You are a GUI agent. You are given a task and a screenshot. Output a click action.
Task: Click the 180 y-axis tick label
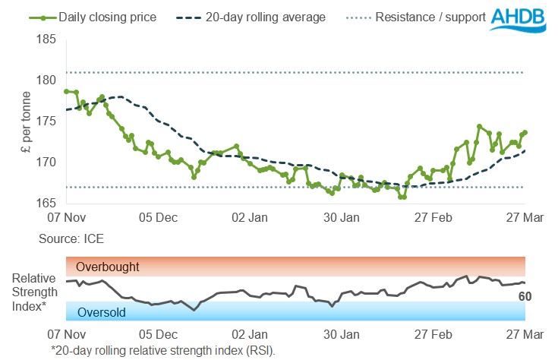(47, 80)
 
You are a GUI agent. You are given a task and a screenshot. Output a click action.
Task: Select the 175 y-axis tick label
(47, 122)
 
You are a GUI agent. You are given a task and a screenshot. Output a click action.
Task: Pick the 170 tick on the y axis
(47, 163)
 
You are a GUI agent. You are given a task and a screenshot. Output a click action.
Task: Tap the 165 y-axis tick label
(47, 204)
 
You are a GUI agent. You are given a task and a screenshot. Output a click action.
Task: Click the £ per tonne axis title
(26, 122)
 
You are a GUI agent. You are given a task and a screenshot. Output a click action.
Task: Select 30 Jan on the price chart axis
(342, 217)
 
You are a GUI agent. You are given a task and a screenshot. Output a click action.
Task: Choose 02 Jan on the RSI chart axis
(249, 333)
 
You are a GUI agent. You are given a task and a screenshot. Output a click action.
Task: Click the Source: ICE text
(71, 238)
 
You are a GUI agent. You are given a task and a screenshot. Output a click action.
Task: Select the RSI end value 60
(524, 296)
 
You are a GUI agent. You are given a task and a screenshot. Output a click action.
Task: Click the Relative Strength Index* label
(30, 290)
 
